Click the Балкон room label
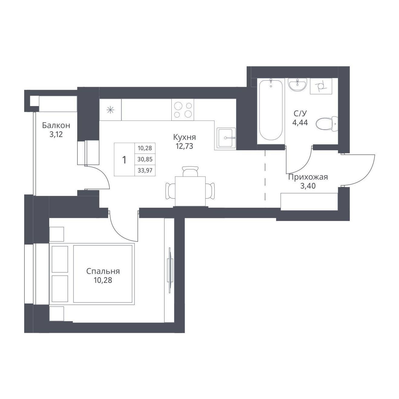click(x=56, y=125)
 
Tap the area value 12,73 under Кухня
click(x=184, y=146)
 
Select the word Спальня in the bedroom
click(x=103, y=271)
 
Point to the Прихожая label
click(x=308, y=177)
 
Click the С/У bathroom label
click(x=300, y=113)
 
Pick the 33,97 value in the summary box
click(x=145, y=170)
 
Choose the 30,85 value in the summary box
click(x=145, y=159)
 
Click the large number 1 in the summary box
click(x=124, y=160)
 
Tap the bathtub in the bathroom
click(x=271, y=110)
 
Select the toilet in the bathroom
click(x=327, y=124)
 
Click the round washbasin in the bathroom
click(x=297, y=84)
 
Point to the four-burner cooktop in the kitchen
click(x=183, y=110)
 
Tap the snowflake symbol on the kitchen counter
click(x=110, y=110)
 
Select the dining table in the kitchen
click(x=190, y=191)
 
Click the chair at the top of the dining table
click(x=190, y=171)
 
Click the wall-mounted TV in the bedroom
click(x=170, y=270)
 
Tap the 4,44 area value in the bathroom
click(x=300, y=123)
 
